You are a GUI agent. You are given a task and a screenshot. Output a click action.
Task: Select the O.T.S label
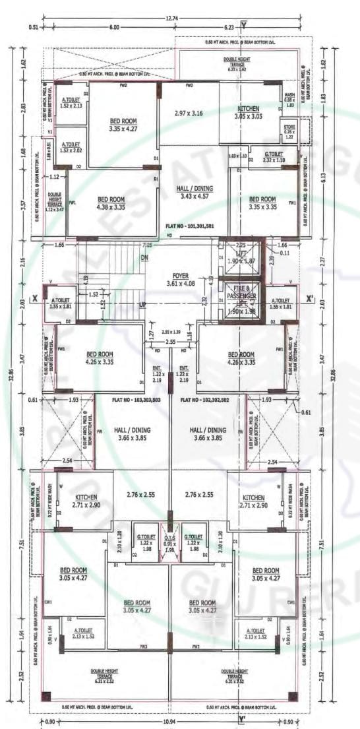pos(170,536)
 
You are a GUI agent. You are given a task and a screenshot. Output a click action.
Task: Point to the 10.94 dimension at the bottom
pos(173,720)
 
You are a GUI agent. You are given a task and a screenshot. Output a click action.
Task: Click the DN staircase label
pos(144,258)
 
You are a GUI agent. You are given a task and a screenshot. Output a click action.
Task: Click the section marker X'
pos(309,299)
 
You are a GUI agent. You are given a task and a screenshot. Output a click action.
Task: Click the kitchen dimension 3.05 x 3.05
pos(248,116)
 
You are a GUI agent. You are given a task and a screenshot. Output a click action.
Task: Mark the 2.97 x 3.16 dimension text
pos(189,113)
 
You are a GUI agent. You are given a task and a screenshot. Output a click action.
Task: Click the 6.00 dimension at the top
pos(113,27)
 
